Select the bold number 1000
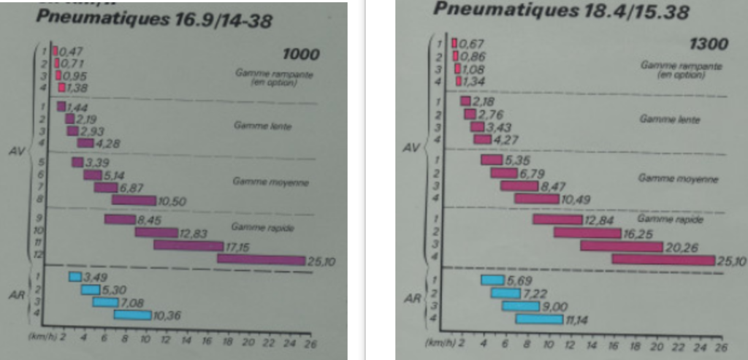pyautogui.click(x=300, y=54)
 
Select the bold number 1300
pyautogui.click(x=708, y=44)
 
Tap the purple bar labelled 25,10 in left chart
pyautogui.click(x=261, y=260)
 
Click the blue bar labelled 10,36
pyautogui.click(x=132, y=315)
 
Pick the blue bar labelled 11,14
pyautogui.click(x=539, y=318)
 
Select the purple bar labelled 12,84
pyautogui.click(x=557, y=219)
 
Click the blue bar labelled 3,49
pyautogui.click(x=75, y=276)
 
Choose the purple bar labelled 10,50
pyautogui.click(x=134, y=200)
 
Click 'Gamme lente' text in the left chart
pyautogui.click(x=252, y=126)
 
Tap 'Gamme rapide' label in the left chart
pyautogui.click(x=252, y=228)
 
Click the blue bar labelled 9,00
pyautogui.click(x=519, y=306)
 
